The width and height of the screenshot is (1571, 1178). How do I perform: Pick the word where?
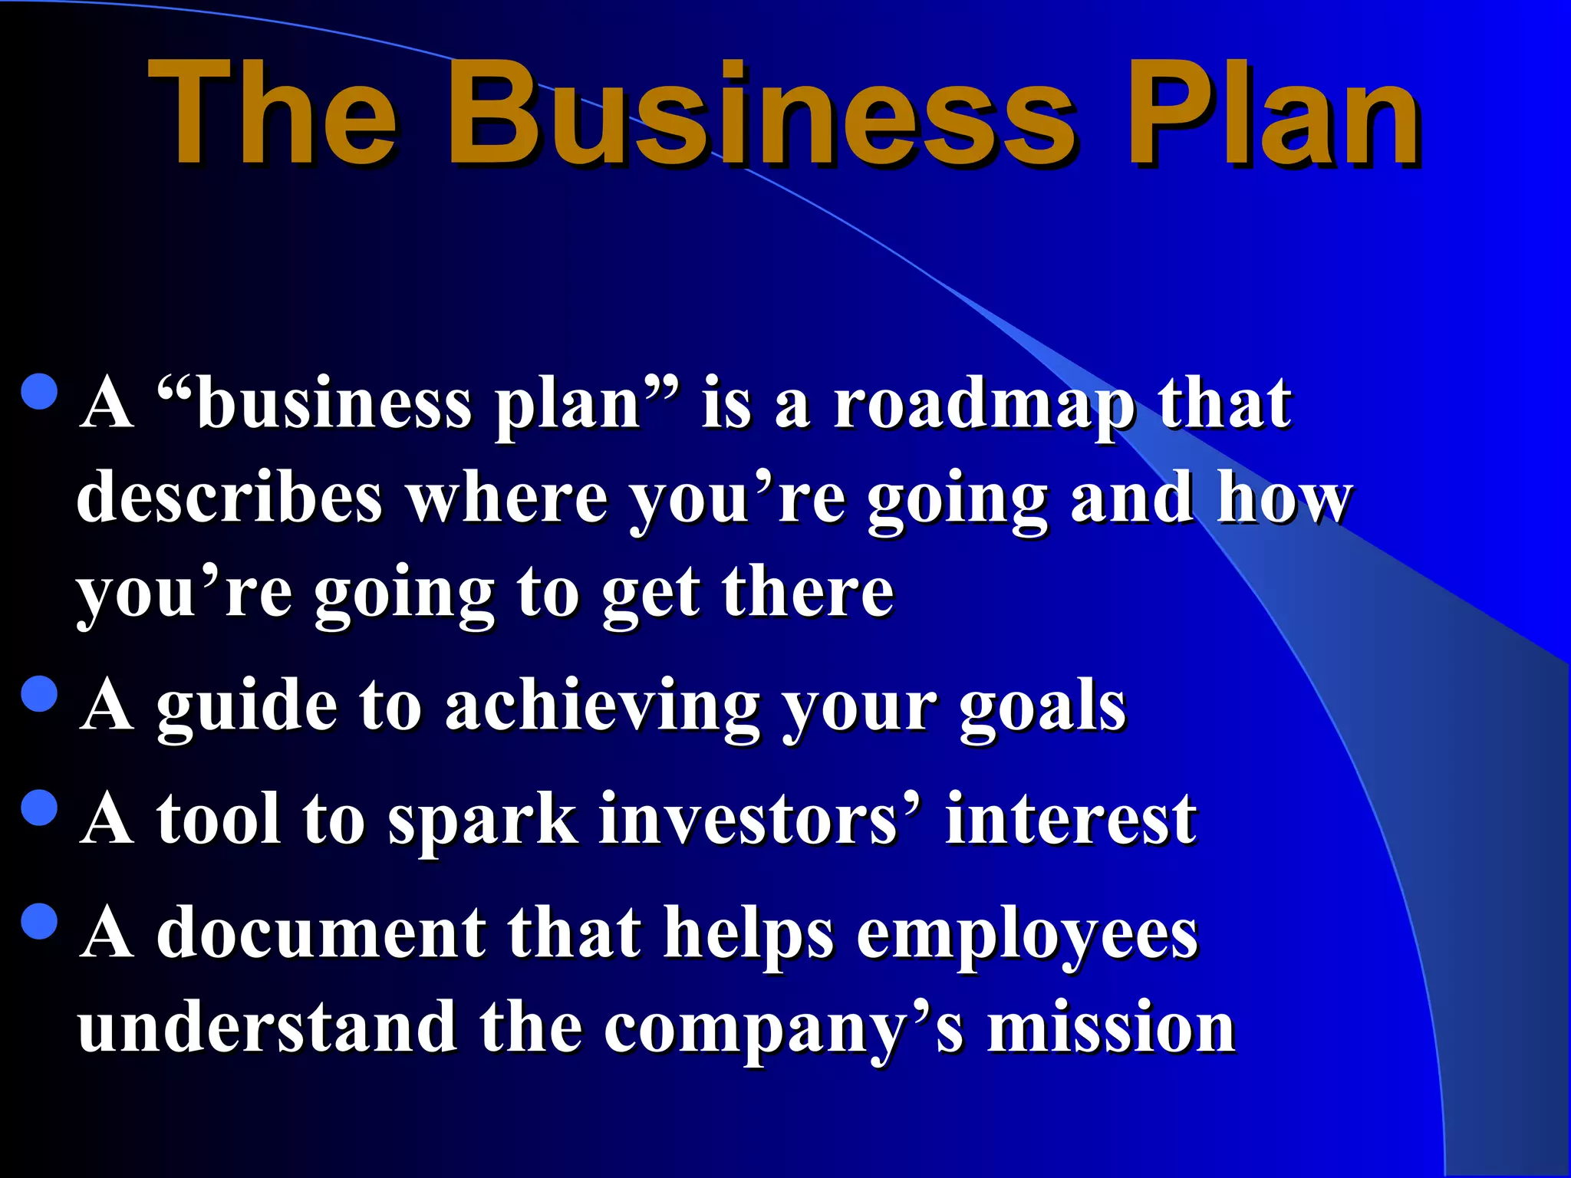point(506,499)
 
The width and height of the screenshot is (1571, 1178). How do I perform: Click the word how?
point(1285,499)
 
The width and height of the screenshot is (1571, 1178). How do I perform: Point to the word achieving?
point(602,707)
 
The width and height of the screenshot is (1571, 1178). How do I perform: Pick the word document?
point(321,934)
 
